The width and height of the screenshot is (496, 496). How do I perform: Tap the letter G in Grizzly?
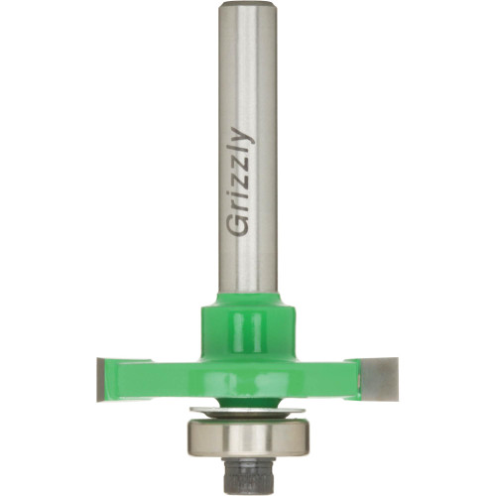click(239, 225)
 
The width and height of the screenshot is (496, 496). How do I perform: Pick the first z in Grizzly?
click(241, 185)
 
